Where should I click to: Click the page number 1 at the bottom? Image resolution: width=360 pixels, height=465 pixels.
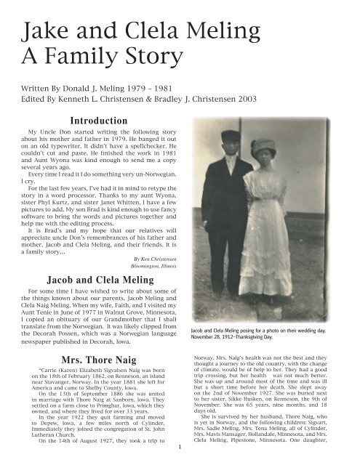[180, 456]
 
